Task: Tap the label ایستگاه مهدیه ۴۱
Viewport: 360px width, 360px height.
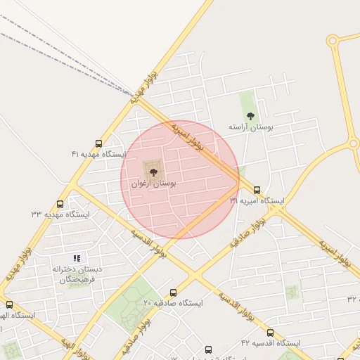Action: (99, 153)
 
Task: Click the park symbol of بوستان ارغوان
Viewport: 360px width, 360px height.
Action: (153, 171)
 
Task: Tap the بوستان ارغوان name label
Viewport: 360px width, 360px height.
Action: (153, 183)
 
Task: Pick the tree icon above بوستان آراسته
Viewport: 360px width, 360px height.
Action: (250, 116)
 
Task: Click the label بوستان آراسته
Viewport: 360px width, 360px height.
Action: (250, 127)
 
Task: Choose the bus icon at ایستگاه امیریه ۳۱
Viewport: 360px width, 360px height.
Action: (257, 190)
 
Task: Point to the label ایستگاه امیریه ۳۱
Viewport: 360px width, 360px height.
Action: (257, 201)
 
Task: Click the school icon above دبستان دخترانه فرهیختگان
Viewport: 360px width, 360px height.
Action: (77, 258)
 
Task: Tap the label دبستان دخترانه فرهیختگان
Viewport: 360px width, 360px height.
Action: (76, 274)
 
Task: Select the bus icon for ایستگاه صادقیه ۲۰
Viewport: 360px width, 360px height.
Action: (173, 292)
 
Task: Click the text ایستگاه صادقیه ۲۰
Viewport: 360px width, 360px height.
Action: (173, 303)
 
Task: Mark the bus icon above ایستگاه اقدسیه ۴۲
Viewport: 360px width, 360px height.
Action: (270, 333)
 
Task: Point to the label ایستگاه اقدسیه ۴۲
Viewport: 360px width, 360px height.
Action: (270, 343)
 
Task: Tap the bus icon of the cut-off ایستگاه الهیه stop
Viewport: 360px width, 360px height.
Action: (9, 304)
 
